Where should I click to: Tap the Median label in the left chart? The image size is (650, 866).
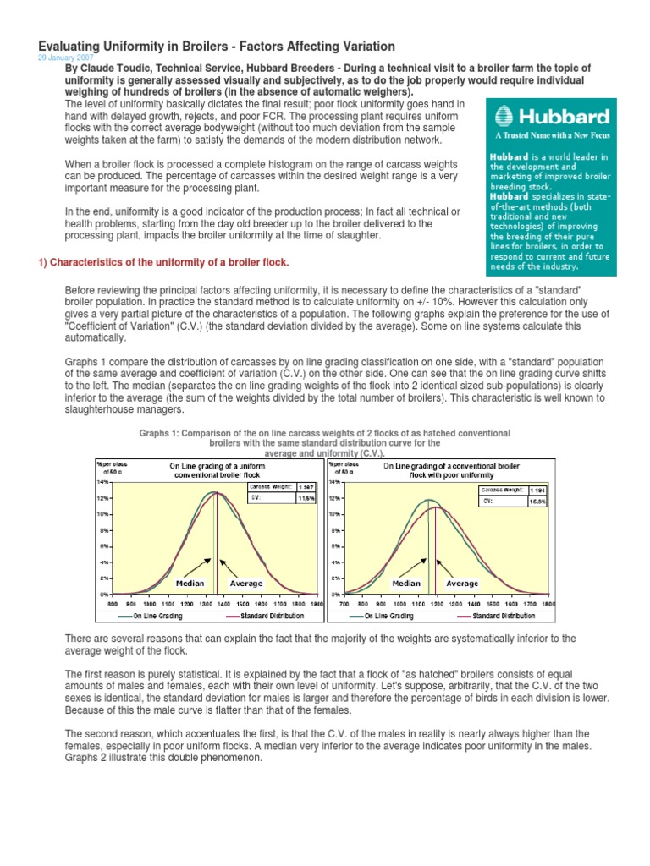click(x=190, y=584)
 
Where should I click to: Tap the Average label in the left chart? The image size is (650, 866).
click(x=246, y=584)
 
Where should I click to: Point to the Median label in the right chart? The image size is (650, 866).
click(x=406, y=584)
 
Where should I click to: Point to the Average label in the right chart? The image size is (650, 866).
click(x=462, y=584)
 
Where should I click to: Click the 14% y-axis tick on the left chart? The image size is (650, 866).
click(x=102, y=481)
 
